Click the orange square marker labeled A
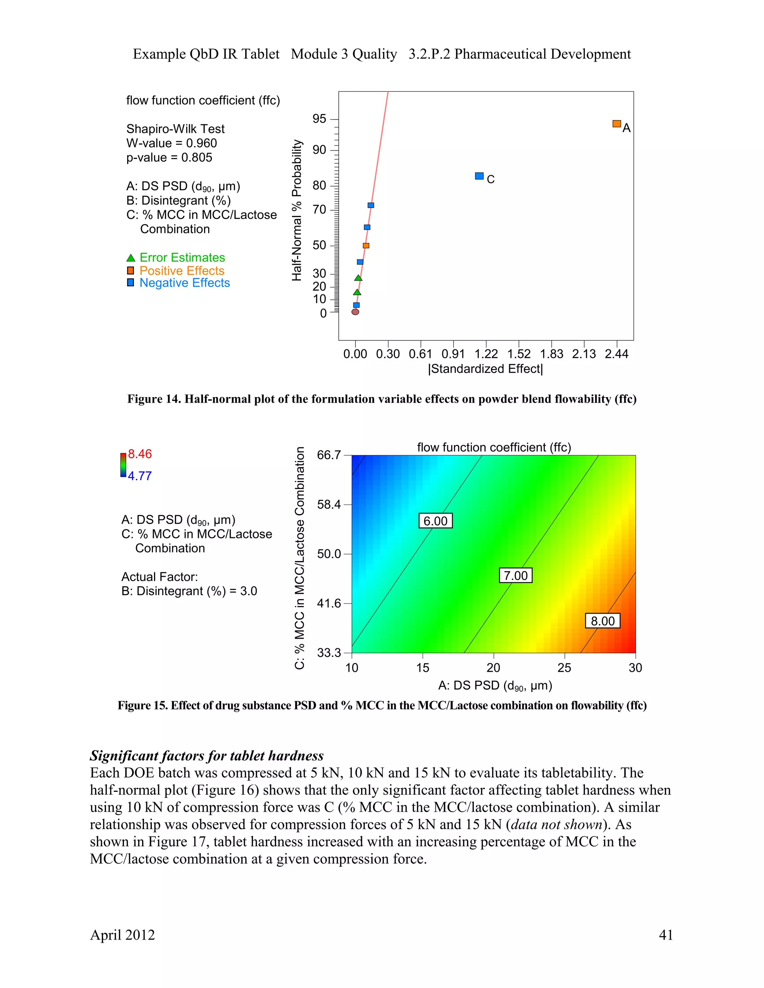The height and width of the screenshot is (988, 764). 616,123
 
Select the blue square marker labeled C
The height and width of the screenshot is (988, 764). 479,176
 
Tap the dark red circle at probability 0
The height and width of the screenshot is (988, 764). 355,312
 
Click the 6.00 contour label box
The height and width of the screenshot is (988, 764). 435,521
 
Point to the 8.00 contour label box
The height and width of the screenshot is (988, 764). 602,621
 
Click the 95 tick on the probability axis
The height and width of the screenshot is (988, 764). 320,119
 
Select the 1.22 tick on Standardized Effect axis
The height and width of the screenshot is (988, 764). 486,354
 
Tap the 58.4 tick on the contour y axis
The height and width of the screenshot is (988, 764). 329,504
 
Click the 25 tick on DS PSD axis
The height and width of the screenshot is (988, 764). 564,668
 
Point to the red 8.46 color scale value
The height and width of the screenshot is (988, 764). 140,454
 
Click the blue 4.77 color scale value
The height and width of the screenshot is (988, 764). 140,476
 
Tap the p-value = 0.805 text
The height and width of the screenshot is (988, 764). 169,157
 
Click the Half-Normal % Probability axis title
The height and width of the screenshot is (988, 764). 297,210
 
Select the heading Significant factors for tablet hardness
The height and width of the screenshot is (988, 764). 206,755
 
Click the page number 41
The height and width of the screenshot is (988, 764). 666,935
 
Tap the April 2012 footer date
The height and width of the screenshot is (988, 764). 122,935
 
